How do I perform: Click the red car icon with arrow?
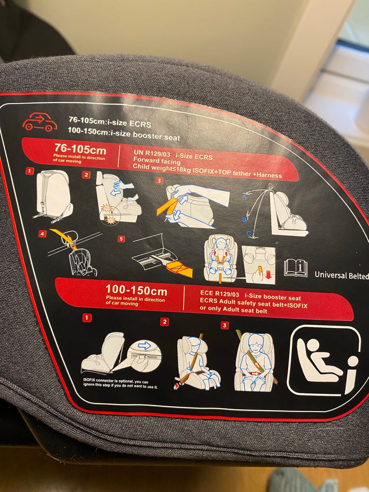[40, 122]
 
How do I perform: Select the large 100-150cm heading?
[136, 290]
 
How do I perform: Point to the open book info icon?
[296, 268]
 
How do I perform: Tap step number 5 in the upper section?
[121, 239]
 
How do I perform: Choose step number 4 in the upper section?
[42, 234]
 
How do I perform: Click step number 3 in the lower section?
[224, 326]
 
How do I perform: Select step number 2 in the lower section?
[164, 322]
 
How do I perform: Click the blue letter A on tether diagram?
[244, 197]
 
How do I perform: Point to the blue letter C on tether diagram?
[248, 233]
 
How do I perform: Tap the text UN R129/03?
[152, 153]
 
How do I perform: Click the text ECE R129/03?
[219, 294]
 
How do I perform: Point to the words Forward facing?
[157, 161]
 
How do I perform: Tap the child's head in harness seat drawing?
[221, 243]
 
